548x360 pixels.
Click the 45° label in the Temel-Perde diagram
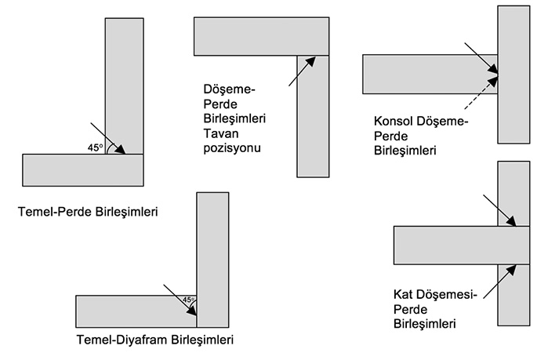coord(96,147)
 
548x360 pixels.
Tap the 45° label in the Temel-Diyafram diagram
coord(189,300)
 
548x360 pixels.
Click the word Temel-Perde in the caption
coord(55,212)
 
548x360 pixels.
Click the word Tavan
coord(221,133)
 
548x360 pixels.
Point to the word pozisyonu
coord(232,148)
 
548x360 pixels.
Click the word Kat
coord(403,294)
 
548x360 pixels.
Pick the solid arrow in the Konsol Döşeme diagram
coord(481,58)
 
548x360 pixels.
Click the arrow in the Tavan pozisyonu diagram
coord(303,71)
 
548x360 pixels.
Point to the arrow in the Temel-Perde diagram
coord(108,138)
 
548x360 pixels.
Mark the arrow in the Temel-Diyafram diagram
coord(180,300)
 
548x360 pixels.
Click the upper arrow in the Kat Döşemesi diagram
coord(499,211)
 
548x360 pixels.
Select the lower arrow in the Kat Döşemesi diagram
coord(499,282)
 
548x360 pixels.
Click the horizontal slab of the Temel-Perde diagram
coord(83,170)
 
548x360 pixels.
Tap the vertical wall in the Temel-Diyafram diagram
coord(212,260)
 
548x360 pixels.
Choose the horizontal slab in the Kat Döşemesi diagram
coord(462,245)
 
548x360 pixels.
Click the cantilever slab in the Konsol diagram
coord(430,74)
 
